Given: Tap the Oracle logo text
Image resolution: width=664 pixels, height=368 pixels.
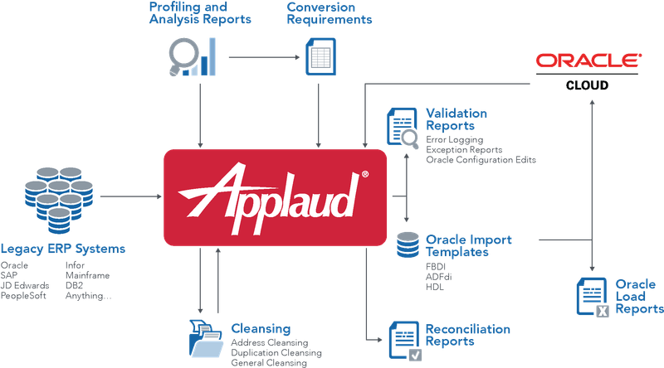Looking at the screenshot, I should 588,61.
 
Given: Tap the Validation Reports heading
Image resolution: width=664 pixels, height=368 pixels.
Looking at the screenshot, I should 456,119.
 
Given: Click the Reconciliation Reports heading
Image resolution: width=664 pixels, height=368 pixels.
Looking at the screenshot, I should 467,335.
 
